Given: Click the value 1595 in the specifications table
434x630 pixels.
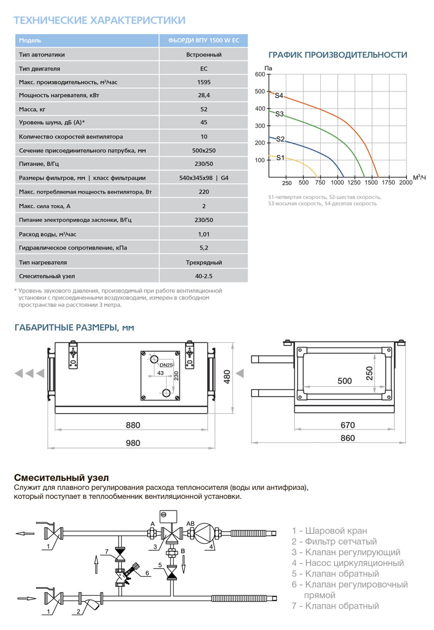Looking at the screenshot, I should click(203, 82).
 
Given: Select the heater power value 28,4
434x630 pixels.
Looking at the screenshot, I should click(203, 96).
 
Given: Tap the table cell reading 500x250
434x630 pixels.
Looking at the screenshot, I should click(203, 150).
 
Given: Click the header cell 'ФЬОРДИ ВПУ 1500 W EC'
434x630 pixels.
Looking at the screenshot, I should click(203, 41).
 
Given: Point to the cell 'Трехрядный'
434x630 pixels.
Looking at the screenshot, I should click(203, 262).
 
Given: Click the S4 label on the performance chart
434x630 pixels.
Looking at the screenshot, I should click(279, 96).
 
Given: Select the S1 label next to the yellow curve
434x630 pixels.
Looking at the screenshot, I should click(281, 158).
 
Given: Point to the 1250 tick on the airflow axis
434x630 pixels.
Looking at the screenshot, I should click(354, 183).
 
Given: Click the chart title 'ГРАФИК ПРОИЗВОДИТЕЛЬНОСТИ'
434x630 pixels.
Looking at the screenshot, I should click(338, 55).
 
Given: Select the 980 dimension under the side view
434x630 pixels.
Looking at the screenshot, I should click(132, 443).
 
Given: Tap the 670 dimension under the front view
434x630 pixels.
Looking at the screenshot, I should click(347, 425).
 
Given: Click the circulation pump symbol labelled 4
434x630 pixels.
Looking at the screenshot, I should click(203, 532).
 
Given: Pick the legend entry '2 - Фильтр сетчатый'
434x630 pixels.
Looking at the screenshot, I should click(334, 541).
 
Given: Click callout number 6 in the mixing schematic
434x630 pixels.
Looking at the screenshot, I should click(148, 573).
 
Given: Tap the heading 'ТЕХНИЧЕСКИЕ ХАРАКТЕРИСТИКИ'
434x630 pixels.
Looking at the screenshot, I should click(99, 21).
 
